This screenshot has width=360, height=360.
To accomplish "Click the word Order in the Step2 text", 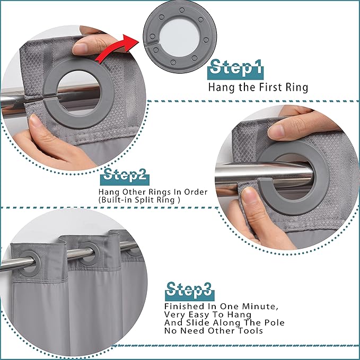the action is [196, 192].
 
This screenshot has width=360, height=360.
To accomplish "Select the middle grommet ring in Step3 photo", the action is [90, 254].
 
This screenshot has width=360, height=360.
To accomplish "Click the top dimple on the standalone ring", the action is [182, 10].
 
